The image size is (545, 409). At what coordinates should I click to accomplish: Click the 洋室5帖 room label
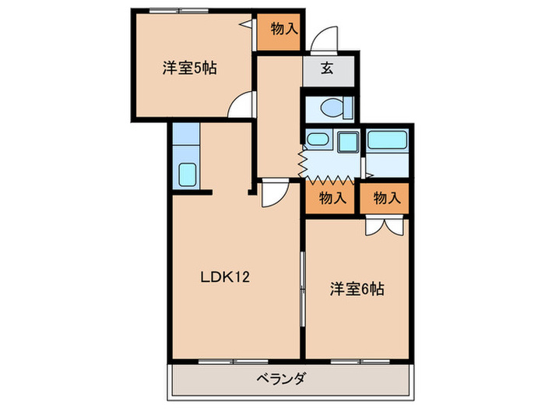coord(189,68)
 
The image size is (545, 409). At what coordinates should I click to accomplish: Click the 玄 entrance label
coord(328,69)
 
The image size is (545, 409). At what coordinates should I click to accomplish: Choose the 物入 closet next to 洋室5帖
coord(284,30)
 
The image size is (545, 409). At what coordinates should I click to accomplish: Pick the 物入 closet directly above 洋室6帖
coord(386,198)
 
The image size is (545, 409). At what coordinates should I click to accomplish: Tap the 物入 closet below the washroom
coord(332,198)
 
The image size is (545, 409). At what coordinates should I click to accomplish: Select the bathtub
coord(387,141)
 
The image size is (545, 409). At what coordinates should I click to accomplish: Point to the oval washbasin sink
coord(317,140)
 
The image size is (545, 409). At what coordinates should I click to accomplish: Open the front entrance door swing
coord(324,39)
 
